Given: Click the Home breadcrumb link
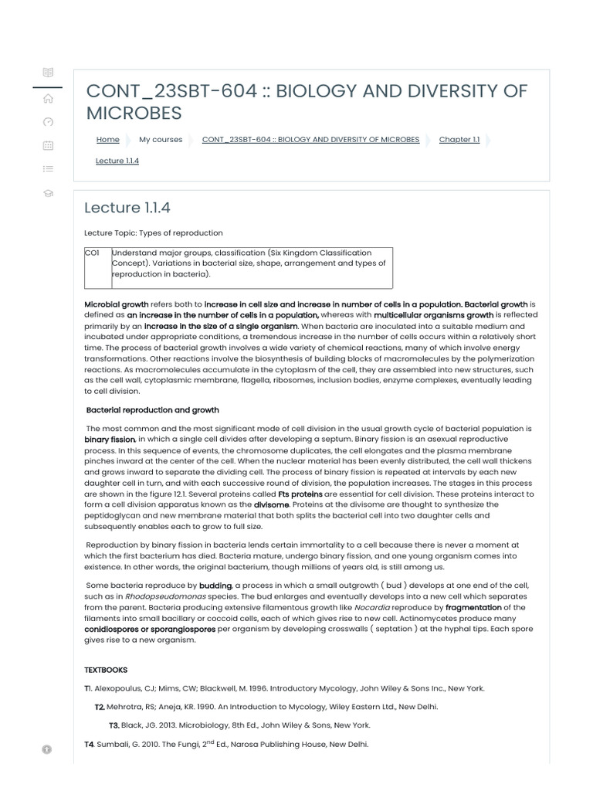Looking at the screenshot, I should (107, 140).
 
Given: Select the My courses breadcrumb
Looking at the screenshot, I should (161, 140).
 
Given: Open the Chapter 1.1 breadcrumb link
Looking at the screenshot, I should (459, 140).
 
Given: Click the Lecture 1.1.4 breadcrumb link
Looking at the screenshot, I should (117, 161).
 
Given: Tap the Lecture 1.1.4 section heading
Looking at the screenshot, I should (127, 208).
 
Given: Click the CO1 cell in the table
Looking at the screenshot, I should (92, 253).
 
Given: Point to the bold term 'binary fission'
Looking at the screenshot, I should (110, 440).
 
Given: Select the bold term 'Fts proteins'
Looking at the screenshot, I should (300, 494).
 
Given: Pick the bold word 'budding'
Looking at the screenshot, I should (215, 586).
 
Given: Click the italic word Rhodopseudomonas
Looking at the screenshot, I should (161, 596).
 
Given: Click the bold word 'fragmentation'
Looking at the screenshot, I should (473, 607).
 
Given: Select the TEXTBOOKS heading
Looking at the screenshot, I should (106, 670).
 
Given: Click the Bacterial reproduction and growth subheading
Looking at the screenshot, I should (152, 410).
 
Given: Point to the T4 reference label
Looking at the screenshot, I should (89, 745).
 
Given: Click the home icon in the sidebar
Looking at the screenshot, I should (48, 97).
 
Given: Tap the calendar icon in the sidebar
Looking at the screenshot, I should (48, 144).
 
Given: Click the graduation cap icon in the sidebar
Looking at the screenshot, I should (48, 192).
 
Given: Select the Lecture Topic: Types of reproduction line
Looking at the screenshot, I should (153, 233).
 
